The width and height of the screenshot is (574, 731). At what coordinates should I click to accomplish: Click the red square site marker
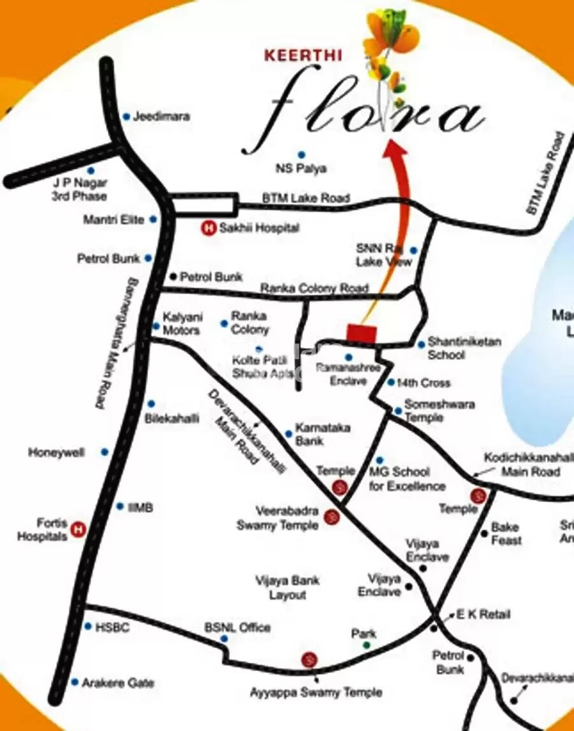(362, 333)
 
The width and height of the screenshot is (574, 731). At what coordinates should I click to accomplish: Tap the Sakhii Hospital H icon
(208, 227)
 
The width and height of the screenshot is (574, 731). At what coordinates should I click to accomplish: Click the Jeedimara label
(161, 117)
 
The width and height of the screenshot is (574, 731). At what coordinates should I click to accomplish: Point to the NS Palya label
(301, 168)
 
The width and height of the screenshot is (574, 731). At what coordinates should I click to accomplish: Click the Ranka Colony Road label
(314, 288)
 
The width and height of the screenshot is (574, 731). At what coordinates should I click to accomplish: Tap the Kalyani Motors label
(182, 323)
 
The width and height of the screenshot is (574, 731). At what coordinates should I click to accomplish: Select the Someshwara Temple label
(439, 411)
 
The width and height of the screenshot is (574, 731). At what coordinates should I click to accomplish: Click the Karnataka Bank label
(322, 434)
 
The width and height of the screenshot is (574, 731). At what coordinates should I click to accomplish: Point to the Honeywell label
(56, 452)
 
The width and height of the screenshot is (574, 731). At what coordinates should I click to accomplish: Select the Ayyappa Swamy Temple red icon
(309, 659)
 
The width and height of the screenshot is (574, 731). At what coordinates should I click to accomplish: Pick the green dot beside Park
(367, 646)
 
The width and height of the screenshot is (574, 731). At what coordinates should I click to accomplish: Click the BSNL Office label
(237, 628)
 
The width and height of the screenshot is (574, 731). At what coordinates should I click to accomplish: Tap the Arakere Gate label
(118, 683)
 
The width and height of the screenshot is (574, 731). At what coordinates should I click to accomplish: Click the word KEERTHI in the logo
(304, 55)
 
